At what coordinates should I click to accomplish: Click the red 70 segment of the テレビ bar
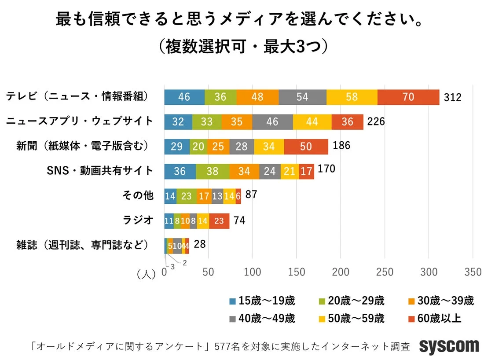(x=408, y=97)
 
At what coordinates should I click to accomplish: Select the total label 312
(x=452, y=97)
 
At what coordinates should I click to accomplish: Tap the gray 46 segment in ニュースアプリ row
(x=272, y=122)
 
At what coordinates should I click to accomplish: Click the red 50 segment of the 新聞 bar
(x=306, y=147)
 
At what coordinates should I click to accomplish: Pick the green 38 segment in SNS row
(x=212, y=171)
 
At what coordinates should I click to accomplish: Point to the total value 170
(x=326, y=169)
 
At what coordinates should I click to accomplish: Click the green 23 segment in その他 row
(x=186, y=196)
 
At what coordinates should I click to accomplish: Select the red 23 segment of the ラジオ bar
(x=219, y=220)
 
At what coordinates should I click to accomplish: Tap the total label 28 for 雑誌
(x=199, y=243)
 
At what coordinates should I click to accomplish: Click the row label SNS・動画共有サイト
(x=100, y=170)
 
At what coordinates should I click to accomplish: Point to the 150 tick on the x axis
(x=297, y=272)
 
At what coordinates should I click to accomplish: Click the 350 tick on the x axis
(x=473, y=272)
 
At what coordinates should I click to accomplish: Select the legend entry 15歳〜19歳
(x=262, y=301)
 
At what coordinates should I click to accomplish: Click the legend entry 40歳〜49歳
(x=262, y=318)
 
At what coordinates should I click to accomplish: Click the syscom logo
(x=449, y=346)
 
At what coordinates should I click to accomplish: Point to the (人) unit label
(x=146, y=274)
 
